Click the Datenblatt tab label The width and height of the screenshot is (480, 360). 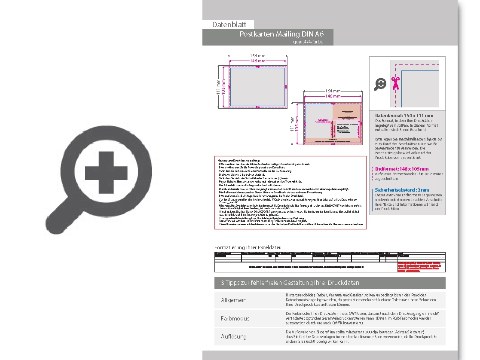click(x=228, y=24)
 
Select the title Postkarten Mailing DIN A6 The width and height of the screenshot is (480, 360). click(x=281, y=34)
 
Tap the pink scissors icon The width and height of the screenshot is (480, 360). click(x=395, y=83)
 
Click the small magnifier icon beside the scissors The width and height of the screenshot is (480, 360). click(x=380, y=84)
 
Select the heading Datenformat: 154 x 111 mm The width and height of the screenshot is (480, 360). click(x=404, y=116)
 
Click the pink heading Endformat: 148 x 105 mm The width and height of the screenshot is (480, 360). click(x=401, y=169)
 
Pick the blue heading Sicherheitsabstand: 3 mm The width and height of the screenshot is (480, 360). click(x=402, y=190)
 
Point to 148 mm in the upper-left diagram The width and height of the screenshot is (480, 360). click(x=257, y=61)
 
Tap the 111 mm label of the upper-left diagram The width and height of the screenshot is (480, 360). click(x=218, y=87)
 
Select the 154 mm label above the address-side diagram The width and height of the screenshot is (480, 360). click(x=333, y=91)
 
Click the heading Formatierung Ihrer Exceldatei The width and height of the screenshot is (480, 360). click(x=248, y=247)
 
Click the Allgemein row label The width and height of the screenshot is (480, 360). click(x=234, y=300)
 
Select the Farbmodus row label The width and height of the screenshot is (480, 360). click(x=235, y=318)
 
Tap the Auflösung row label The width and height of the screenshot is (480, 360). click(x=234, y=336)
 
